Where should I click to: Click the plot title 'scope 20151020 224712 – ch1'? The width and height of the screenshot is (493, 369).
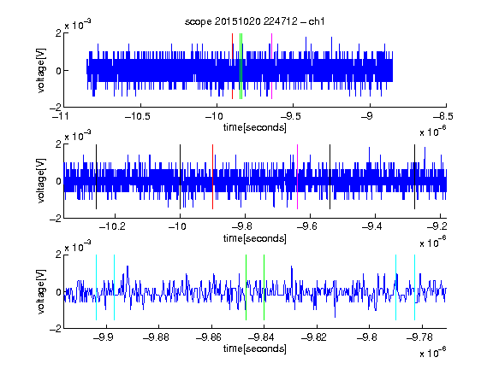254,21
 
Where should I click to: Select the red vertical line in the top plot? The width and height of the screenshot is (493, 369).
232,67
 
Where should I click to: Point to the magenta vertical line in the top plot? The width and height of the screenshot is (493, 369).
271,67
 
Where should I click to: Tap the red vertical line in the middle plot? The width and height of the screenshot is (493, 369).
213,177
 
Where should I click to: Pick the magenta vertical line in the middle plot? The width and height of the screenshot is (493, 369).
298,177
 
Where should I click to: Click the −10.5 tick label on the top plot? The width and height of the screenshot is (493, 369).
138,116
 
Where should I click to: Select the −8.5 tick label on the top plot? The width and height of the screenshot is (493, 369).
443,116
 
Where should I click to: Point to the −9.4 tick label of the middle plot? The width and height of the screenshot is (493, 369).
372,226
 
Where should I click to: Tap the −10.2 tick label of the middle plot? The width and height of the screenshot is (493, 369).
112,226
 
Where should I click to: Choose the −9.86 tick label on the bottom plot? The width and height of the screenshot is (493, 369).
209,337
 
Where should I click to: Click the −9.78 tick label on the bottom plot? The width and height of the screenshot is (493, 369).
419,337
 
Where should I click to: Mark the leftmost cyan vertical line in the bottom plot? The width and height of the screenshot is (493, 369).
96,287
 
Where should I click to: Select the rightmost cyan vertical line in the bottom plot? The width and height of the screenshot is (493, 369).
415,287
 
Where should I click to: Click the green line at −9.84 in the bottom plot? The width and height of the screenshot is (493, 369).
264,287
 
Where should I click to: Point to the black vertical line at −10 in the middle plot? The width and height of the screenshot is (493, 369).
180,177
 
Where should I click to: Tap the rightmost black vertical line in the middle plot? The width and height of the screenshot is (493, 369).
415,177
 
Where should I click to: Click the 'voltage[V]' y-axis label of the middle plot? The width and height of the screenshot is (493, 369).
41,181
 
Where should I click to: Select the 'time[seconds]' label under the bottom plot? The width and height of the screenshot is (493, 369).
255,348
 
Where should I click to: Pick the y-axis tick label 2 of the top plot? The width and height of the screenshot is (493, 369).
58,33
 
